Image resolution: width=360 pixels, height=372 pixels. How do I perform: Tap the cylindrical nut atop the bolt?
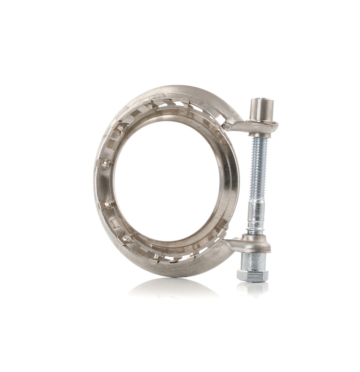pyautogui.click(x=261, y=109)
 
